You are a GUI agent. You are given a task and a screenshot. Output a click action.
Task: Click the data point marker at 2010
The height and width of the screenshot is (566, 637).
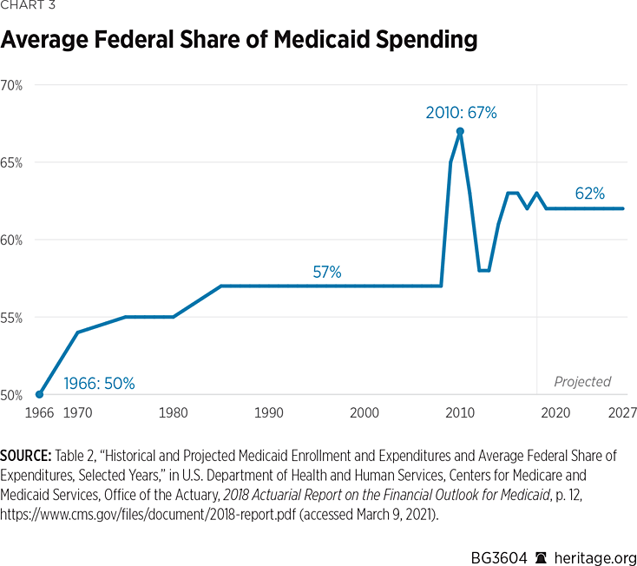pos(460,131)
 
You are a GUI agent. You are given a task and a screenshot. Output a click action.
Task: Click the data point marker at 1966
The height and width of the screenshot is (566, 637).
pos(39,394)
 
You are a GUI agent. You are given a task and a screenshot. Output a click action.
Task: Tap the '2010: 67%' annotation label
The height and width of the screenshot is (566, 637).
pos(461,112)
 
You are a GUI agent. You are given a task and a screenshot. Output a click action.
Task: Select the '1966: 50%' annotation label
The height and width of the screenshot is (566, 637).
pos(100,383)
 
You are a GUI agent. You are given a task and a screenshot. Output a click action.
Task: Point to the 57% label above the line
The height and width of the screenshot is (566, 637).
pos(327,273)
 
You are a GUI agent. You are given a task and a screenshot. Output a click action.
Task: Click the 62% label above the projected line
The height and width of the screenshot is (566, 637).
pos(589,194)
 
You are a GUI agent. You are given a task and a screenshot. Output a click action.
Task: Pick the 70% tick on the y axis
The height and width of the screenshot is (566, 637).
pos(11,85)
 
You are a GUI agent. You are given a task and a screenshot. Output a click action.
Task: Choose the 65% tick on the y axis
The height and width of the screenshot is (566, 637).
pos(11,162)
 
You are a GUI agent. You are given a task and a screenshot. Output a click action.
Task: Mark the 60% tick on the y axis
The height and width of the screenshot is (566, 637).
pos(11,240)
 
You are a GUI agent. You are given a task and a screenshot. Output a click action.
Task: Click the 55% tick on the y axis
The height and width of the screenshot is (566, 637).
pos(11,317)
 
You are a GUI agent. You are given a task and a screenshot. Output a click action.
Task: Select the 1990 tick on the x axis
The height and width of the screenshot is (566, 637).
pos(269,413)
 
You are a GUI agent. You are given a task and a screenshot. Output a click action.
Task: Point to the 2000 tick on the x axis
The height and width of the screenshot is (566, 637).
pos(364,413)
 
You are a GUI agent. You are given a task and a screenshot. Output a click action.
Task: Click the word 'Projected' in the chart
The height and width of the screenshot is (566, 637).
pos(582,382)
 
